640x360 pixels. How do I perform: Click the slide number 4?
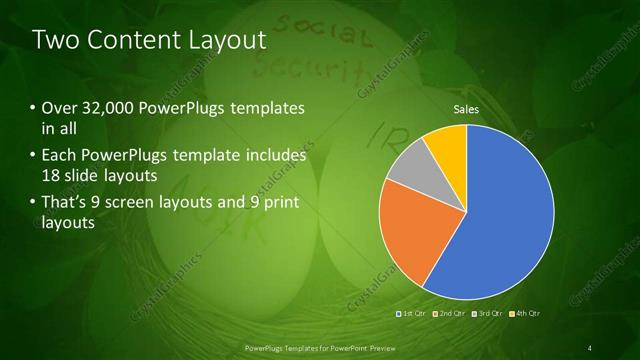[x=590, y=347]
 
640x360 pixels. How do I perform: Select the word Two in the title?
[x=54, y=41]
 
